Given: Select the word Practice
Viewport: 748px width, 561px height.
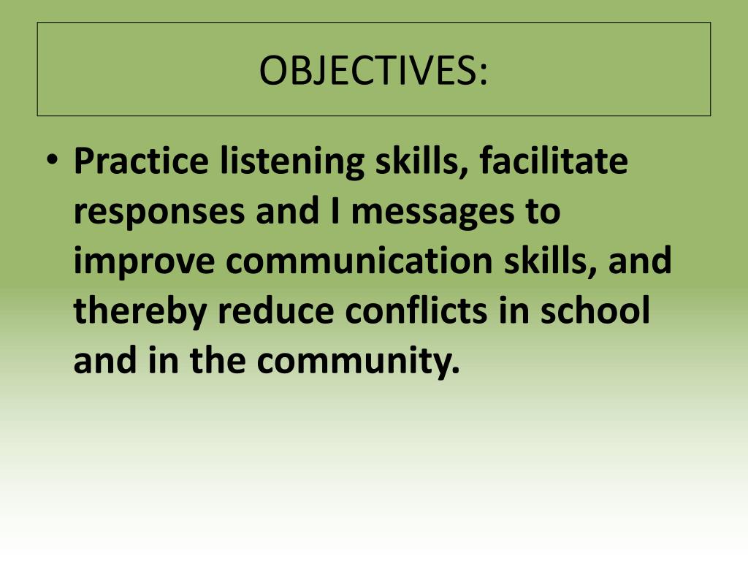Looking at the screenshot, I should pyautogui.click(x=137, y=162).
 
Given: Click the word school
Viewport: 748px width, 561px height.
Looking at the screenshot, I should pyautogui.click(x=596, y=311).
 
